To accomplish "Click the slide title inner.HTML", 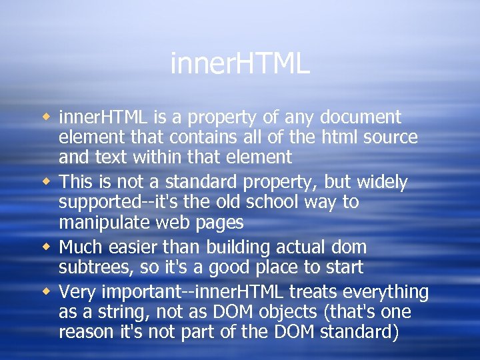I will [x=240, y=64].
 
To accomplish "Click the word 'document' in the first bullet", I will [x=361, y=117].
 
